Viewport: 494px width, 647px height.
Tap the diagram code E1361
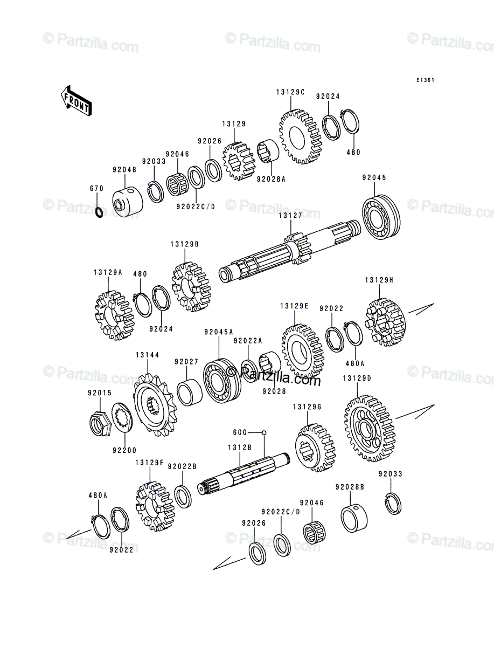426,80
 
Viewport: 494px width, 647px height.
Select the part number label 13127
290,216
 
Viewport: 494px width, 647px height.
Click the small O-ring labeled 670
100,212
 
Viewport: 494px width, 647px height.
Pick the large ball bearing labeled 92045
381,217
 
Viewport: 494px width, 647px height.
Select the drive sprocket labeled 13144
154,405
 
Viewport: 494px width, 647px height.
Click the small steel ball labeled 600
264,432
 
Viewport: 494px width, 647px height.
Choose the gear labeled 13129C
300,136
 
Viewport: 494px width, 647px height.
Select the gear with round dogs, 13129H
385,323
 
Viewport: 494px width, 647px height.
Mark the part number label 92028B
350,487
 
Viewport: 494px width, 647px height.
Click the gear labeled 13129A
115,315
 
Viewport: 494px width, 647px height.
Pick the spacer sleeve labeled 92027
190,393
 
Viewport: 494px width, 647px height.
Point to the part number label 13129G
308,407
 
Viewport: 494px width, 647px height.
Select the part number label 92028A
271,179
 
